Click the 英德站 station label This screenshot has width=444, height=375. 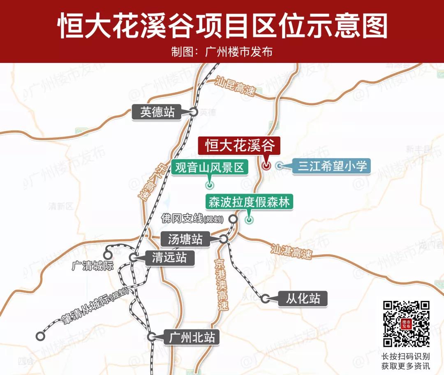coord(157,112)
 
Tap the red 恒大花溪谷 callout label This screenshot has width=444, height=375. coord(239,146)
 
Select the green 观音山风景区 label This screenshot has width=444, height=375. coord(210,167)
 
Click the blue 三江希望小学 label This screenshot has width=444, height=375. coord(332,166)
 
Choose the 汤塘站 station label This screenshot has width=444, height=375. coord(185,239)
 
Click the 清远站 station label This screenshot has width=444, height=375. coord(169,258)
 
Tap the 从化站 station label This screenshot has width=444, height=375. coord(303,298)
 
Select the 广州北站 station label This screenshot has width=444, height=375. coord(192,338)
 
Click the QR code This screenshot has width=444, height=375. coord(406,324)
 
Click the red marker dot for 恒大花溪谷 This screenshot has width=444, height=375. coord(266,166)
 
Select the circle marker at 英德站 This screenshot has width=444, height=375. coord(194,111)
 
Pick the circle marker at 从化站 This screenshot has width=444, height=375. coord(266,299)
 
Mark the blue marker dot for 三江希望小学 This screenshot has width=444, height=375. coord(279,166)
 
